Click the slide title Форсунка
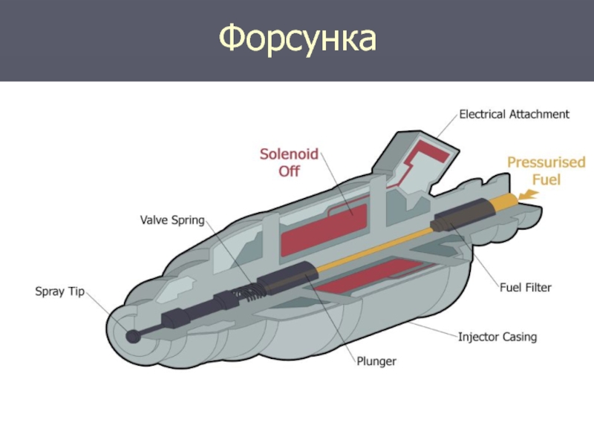[298, 39]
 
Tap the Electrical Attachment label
[514, 114]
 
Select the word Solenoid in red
[289, 155]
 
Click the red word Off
[289, 171]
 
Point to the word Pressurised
[546, 162]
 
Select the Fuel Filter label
[524, 288]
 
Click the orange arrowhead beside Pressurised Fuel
[529, 194]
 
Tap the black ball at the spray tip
[134, 336]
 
